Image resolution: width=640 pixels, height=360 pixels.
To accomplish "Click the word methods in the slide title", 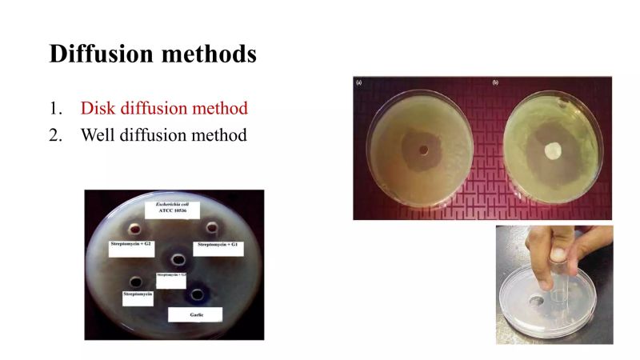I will (211, 54).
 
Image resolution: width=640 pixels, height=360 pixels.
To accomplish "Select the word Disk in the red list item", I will (98, 108).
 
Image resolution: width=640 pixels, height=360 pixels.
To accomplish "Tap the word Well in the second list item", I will (98, 134).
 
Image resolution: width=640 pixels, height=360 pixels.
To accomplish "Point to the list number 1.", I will (54, 108).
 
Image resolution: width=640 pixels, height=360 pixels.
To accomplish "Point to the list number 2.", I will (55, 134).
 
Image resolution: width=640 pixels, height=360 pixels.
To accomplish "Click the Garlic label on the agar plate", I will (194, 314).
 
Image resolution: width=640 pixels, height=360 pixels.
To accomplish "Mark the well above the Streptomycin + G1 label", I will (212, 227).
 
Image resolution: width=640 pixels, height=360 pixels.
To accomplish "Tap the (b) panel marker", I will (497, 82).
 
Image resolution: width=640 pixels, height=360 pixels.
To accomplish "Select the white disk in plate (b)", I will (553, 150).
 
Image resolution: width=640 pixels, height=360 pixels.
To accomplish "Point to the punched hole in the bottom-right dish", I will (537, 302).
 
